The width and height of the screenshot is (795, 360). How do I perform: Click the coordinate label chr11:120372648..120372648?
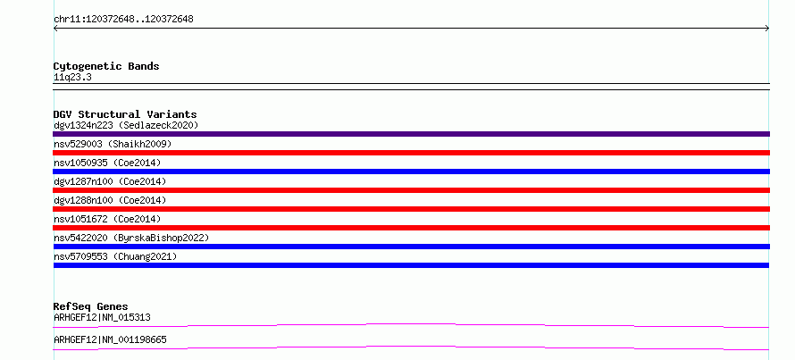click(x=123, y=20)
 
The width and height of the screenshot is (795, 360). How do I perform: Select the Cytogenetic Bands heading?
click(x=106, y=66)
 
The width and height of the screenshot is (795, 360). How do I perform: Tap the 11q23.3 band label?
click(x=72, y=78)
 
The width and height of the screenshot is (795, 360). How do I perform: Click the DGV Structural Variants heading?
click(x=125, y=114)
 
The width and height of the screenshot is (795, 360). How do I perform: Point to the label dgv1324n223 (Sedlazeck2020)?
click(x=126, y=125)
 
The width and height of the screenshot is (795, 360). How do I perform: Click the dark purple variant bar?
click(x=411, y=134)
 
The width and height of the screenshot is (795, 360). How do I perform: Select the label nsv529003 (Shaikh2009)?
click(x=113, y=144)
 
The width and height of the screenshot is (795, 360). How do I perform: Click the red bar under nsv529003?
click(x=411, y=153)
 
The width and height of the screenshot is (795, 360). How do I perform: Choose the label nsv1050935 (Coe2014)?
click(x=107, y=163)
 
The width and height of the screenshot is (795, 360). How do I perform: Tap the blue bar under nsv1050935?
click(x=411, y=172)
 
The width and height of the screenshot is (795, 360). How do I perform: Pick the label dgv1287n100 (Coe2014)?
click(x=110, y=181)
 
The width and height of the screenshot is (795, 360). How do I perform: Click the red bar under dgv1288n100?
click(x=411, y=209)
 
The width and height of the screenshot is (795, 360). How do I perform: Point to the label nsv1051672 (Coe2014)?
click(x=107, y=219)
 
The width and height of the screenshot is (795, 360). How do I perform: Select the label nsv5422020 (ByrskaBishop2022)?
click(x=131, y=238)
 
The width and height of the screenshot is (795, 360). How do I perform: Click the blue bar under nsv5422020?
click(x=411, y=247)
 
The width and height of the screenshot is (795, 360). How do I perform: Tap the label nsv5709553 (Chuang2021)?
click(x=115, y=256)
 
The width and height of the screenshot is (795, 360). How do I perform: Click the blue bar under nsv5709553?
click(x=411, y=265)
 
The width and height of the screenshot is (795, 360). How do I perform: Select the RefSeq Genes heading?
click(x=90, y=306)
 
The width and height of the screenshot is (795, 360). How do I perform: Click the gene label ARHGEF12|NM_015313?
click(x=102, y=318)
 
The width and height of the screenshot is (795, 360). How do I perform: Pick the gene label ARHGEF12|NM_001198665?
click(x=110, y=339)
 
